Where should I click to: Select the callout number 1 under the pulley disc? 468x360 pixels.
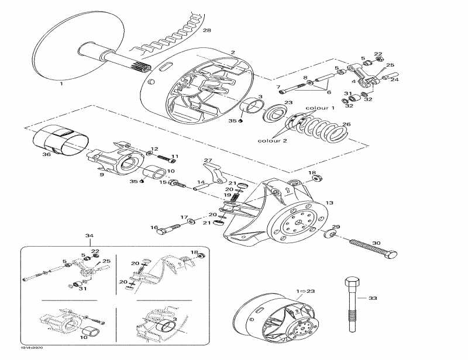(x=60, y=84)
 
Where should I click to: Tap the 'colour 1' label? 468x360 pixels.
(x=320, y=109)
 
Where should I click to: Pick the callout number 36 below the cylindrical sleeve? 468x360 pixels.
(x=47, y=155)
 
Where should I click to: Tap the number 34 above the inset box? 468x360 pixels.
(x=90, y=236)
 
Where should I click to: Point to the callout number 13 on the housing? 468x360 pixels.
(x=329, y=203)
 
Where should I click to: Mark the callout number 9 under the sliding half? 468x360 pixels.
(x=101, y=174)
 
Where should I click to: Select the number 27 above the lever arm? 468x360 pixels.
(x=207, y=160)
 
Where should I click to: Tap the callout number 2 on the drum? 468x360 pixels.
(x=232, y=53)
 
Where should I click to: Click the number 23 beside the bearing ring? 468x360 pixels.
(x=288, y=103)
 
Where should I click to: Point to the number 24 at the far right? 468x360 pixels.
(x=394, y=79)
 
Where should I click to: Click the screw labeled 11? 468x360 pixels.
(x=170, y=158)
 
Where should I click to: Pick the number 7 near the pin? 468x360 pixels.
(x=278, y=87)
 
